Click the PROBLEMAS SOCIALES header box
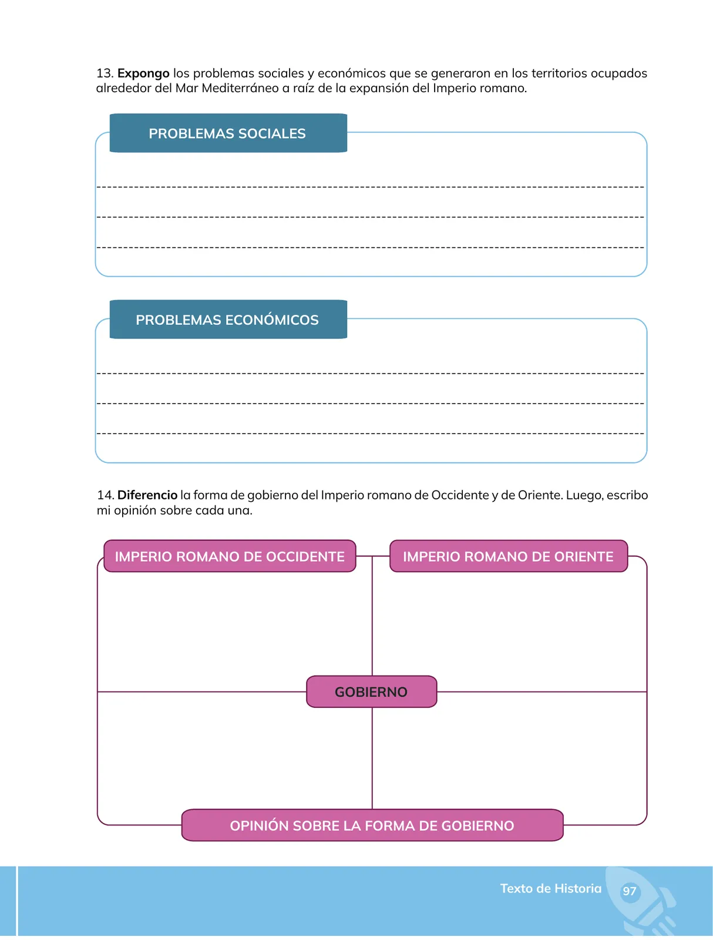click(x=228, y=133)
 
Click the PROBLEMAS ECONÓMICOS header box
click(x=228, y=320)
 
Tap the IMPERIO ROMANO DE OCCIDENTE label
click(x=230, y=556)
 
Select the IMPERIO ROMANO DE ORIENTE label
click(x=509, y=556)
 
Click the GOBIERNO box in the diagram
click(x=372, y=691)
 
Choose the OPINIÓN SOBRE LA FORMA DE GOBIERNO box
click(x=372, y=825)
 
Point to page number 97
click(x=629, y=891)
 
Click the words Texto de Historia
click(x=551, y=888)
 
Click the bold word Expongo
click(x=143, y=73)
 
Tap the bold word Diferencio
click(x=147, y=495)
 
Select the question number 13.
click(x=105, y=73)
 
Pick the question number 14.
click(x=105, y=495)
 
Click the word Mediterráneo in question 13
click(x=240, y=88)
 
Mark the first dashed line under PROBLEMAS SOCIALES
click(x=370, y=187)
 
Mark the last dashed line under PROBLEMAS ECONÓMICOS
click(x=370, y=434)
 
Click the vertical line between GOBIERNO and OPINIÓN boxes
click(x=372, y=758)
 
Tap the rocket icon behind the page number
click(x=642, y=901)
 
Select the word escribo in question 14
click(x=627, y=495)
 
